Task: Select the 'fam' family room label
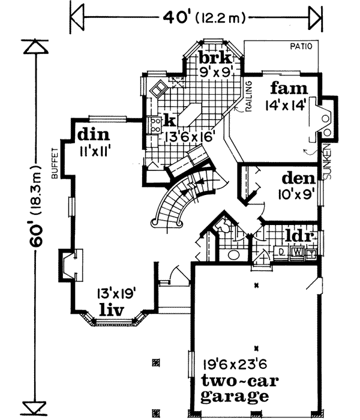pos(285,88)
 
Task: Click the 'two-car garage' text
pos(235,388)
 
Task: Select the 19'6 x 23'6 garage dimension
pos(235,363)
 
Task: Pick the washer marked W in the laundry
pos(298,252)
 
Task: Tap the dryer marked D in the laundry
pos(282,252)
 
